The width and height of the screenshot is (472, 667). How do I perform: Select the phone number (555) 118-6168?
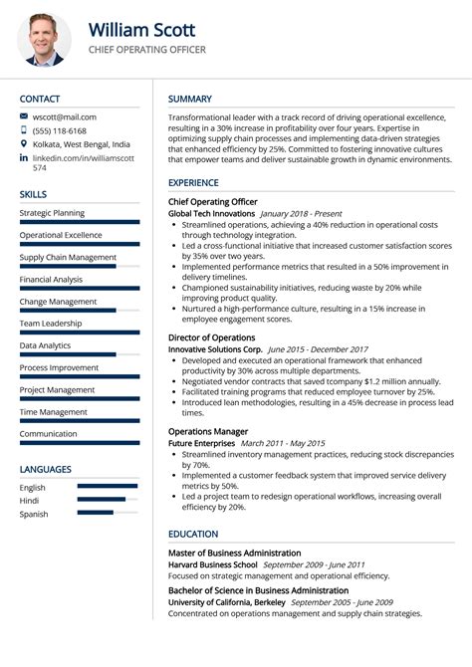tap(60, 130)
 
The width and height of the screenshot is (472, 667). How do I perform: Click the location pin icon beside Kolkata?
tap(24, 144)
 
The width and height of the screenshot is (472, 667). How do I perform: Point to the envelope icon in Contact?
tap(24, 116)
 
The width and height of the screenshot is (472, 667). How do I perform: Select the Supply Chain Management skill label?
tap(68, 257)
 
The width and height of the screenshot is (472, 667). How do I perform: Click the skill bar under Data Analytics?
tap(68, 354)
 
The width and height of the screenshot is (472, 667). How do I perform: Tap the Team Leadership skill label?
tap(51, 324)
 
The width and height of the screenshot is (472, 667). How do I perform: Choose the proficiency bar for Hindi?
tap(102, 499)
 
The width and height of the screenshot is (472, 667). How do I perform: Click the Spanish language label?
tap(34, 514)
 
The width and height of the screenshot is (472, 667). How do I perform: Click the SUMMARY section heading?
tap(190, 99)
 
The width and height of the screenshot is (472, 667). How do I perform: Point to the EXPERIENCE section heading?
tap(194, 183)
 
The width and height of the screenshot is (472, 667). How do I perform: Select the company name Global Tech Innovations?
tap(211, 213)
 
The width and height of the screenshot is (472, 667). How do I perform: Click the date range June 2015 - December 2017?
tap(319, 349)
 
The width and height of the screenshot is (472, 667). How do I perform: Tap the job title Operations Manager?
tap(207, 431)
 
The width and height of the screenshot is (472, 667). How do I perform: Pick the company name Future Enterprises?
tap(201, 443)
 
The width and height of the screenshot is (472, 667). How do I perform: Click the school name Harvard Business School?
tap(212, 564)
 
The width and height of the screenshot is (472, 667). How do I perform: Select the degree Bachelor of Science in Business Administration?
tap(258, 590)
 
